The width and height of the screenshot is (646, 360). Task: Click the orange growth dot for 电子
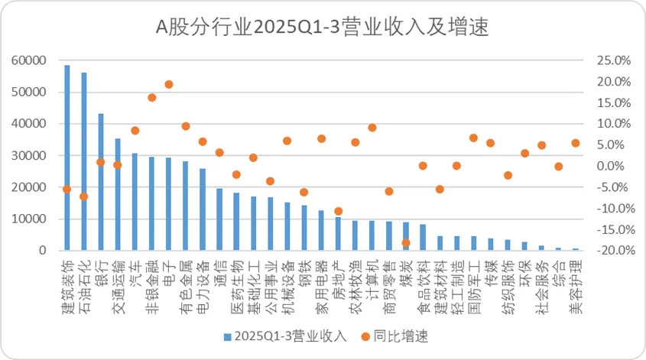click(x=169, y=84)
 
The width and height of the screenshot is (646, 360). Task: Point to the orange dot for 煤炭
click(x=406, y=242)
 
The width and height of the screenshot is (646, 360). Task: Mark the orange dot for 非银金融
click(x=152, y=97)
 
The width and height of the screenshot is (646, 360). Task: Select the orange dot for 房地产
click(x=338, y=211)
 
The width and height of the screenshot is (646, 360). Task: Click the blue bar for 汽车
click(x=135, y=202)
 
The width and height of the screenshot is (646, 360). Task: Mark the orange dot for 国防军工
click(x=473, y=138)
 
